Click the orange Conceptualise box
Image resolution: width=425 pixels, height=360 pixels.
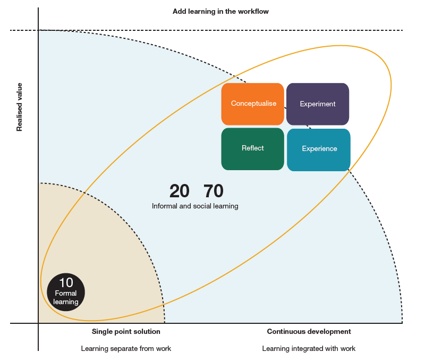pyautogui.click(x=253, y=104)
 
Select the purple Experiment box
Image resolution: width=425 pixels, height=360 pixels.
pyautogui.click(x=318, y=104)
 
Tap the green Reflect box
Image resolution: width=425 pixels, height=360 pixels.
pyautogui.click(x=253, y=148)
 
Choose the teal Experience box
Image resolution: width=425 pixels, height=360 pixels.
pyautogui.click(x=319, y=149)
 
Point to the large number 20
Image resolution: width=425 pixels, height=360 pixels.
pyautogui.click(x=179, y=191)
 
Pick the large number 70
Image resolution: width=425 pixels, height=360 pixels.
pyautogui.click(x=214, y=191)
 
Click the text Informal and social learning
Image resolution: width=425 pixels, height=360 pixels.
pyautogui.click(x=195, y=206)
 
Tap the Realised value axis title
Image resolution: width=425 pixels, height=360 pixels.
pyautogui.click(x=20, y=107)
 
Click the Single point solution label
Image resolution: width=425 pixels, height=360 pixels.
pyautogui.click(x=126, y=332)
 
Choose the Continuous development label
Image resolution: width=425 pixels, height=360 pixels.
pyautogui.click(x=309, y=332)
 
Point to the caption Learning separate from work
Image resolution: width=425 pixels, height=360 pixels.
pyautogui.click(x=126, y=349)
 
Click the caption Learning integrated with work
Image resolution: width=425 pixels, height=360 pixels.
pyautogui.click(x=309, y=349)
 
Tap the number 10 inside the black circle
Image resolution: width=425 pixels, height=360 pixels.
pyautogui.click(x=66, y=283)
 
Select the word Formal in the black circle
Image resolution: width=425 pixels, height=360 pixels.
pyautogui.click(x=66, y=293)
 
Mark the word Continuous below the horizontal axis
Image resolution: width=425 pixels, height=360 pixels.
pyautogui.click(x=285, y=332)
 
